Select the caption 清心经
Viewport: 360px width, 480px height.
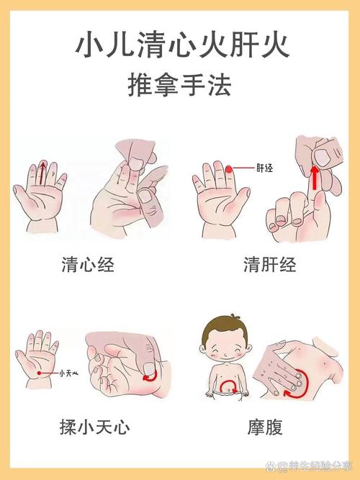pyautogui.click(x=87, y=265)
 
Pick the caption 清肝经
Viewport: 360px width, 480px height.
pyautogui.click(x=270, y=265)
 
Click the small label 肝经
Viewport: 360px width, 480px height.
pyautogui.click(x=264, y=168)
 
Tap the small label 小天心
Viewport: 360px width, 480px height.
pyautogui.click(x=68, y=372)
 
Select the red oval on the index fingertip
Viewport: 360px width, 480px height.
pyautogui.click(x=229, y=169)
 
